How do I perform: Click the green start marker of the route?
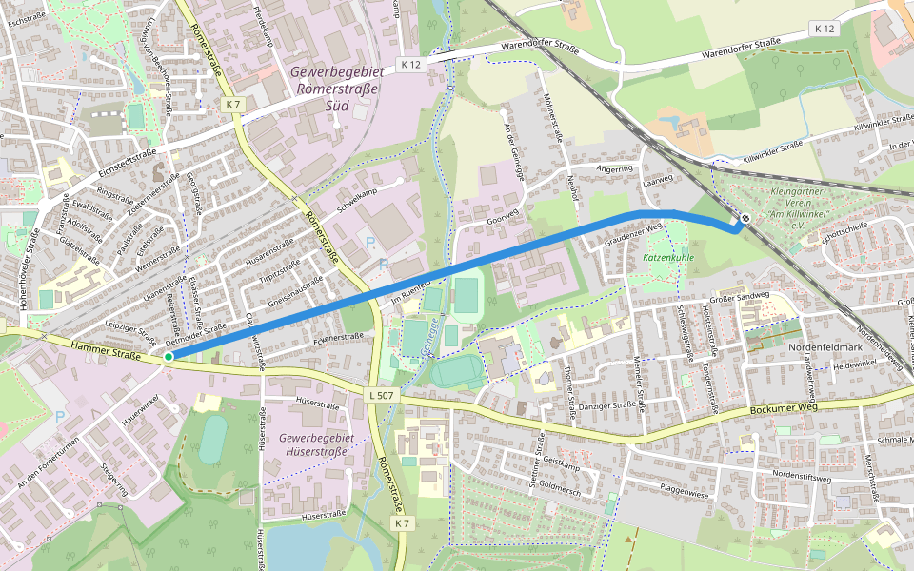pyautogui.click(x=169, y=357)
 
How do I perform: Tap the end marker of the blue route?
pyautogui.click(x=745, y=218)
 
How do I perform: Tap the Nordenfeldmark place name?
pyautogui.click(x=825, y=346)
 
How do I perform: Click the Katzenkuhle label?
pyautogui.click(x=669, y=258)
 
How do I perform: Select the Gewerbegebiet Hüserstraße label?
pyautogui.click(x=317, y=443)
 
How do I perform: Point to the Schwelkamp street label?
pyautogui.click(x=357, y=193)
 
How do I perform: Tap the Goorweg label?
pyautogui.click(x=505, y=218)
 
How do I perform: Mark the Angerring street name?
pyautogui.click(x=614, y=168)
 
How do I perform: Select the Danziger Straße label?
pyautogui.click(x=608, y=404)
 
